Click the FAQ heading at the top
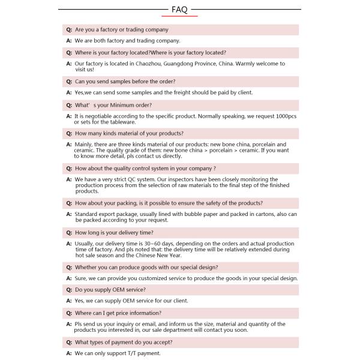(179, 10)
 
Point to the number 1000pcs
(284, 116)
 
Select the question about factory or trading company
(121, 29)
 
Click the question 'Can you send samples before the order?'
(125, 82)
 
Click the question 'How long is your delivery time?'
(113, 232)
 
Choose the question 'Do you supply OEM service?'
(110, 289)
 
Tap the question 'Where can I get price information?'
(118, 313)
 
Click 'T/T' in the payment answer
(133, 353)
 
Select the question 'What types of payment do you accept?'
(124, 342)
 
